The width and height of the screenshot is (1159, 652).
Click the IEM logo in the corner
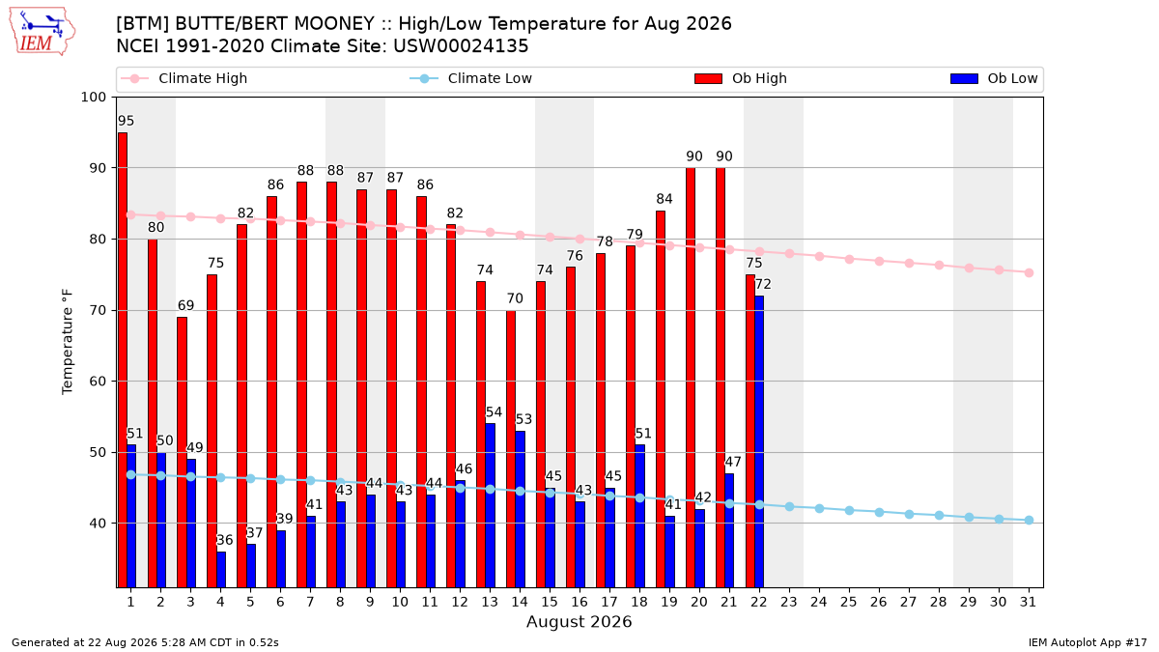point(42,32)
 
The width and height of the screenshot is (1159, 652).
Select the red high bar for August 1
point(123,359)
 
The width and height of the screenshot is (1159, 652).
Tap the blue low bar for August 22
point(759,441)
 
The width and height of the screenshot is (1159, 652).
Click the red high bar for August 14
point(511,448)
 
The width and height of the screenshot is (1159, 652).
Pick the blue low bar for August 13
point(490,505)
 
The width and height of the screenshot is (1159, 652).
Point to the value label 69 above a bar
point(185,305)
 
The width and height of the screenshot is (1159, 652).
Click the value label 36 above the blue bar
point(224,540)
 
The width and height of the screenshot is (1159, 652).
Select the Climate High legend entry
point(184,78)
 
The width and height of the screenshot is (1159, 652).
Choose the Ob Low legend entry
point(994,78)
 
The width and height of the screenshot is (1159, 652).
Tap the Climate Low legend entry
point(471,78)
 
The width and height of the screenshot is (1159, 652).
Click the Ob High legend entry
point(741,78)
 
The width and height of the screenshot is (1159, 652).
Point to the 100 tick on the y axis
point(93,98)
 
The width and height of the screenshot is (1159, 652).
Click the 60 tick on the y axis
point(98,382)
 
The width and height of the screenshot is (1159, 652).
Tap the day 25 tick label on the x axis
point(849,602)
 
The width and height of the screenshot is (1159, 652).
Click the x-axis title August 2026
point(579,621)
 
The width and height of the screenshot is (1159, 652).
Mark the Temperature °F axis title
point(68,342)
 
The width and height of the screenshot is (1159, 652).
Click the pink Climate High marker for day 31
point(1029,272)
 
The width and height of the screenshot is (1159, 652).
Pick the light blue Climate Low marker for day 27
point(909,514)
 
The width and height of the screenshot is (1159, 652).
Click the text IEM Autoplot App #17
point(1088,642)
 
